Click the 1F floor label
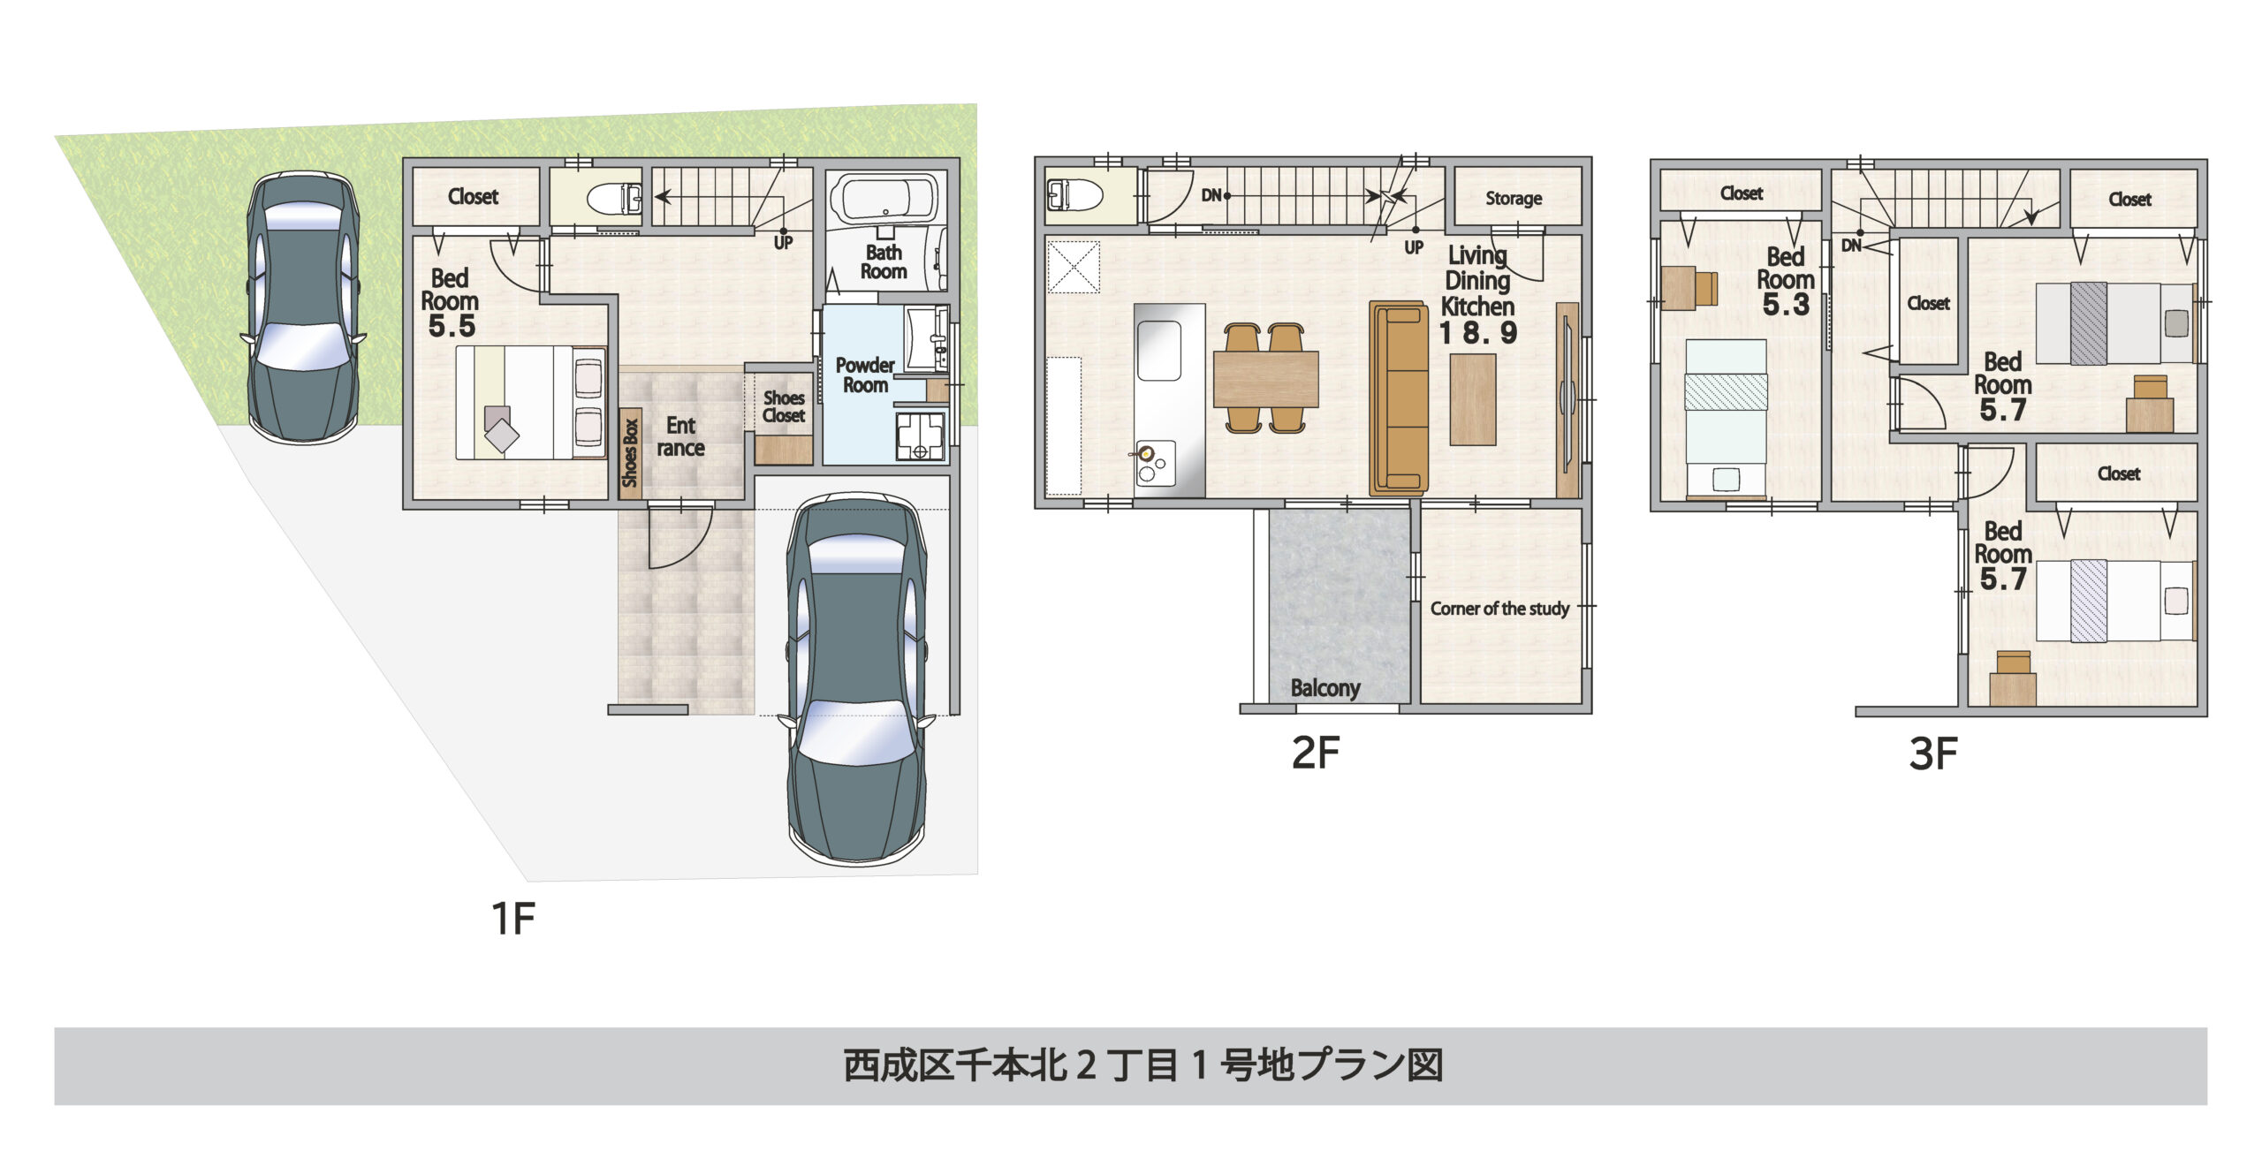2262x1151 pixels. (x=512, y=919)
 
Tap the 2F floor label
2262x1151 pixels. (x=1315, y=753)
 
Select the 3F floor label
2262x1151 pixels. (x=1932, y=753)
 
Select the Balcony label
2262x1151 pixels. (x=1325, y=688)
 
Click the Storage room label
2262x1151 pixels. (x=1513, y=199)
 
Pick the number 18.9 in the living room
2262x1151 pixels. (x=1478, y=333)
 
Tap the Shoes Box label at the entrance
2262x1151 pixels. (x=630, y=453)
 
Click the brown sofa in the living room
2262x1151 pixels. (x=1399, y=398)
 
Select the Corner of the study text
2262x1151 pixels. (x=1499, y=609)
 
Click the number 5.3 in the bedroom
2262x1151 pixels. (x=1785, y=305)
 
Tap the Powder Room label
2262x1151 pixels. (x=865, y=375)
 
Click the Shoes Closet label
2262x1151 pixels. (x=784, y=407)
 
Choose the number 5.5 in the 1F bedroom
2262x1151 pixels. (x=452, y=326)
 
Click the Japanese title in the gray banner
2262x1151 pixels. (x=1142, y=1065)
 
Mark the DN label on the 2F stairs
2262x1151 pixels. (x=1211, y=195)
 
